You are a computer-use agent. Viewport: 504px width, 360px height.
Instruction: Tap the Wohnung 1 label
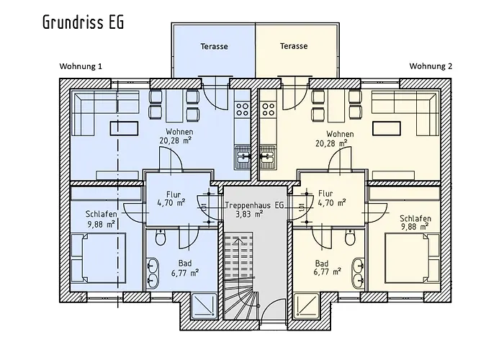[x=81, y=66]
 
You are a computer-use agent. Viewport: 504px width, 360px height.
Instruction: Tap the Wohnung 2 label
[x=431, y=66]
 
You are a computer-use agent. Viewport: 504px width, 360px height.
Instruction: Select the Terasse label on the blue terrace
[x=214, y=46]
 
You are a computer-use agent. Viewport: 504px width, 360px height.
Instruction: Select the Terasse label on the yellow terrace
[x=293, y=46]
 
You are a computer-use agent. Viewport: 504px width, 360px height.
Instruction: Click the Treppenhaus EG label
[x=254, y=205]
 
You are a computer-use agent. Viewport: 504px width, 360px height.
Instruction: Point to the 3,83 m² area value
[x=254, y=214]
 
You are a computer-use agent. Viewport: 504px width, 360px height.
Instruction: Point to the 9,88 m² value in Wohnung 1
[x=101, y=224]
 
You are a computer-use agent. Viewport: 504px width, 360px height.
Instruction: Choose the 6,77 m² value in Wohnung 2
[x=328, y=272]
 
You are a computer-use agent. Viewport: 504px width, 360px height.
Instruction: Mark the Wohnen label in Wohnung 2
[x=339, y=134]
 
